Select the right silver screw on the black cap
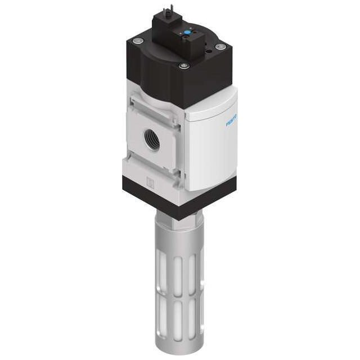pos(220,47)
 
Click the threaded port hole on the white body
pos(152,140)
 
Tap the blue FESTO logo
pos(232,121)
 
